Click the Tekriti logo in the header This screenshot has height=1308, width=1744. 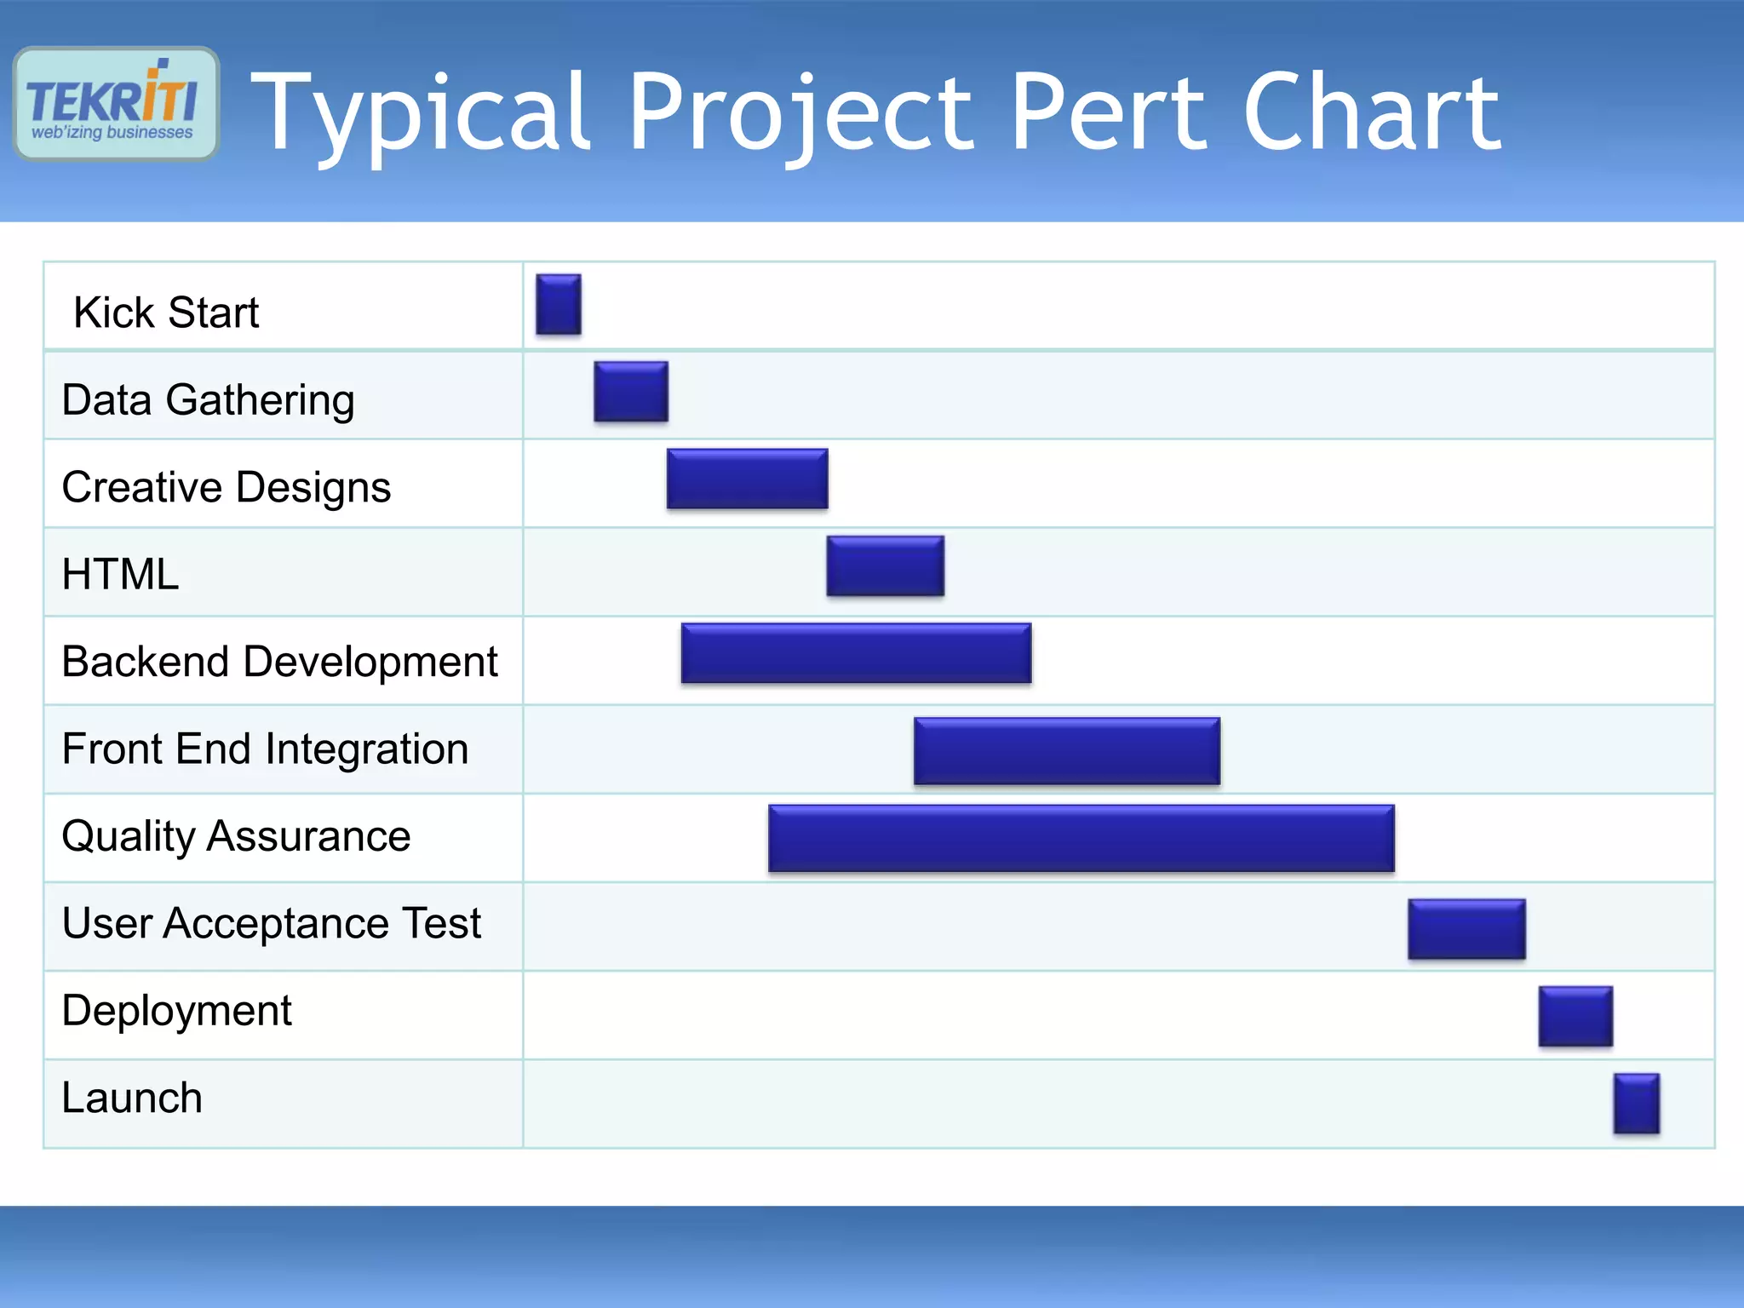tap(116, 104)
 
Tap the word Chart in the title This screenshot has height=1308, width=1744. tap(1371, 112)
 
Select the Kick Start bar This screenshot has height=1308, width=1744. tap(559, 304)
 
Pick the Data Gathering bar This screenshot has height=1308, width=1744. tap(631, 392)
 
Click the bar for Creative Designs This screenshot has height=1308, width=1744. tap(747, 479)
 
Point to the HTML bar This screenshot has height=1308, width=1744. tap(885, 565)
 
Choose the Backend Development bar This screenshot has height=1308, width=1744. tap(856, 653)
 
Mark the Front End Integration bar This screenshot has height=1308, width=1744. tap(1067, 750)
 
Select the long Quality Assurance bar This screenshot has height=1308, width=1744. tap(1081, 838)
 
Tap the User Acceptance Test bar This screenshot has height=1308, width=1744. tap(1466, 929)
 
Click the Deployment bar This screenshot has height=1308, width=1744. tap(1575, 1016)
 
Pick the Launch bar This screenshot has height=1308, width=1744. tap(1636, 1103)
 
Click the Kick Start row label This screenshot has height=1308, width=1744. tap(166, 313)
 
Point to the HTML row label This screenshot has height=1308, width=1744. tap(120, 574)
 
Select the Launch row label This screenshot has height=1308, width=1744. tap(132, 1098)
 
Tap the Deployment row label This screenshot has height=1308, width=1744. tap(176, 1011)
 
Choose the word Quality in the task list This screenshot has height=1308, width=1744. tap(128, 836)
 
